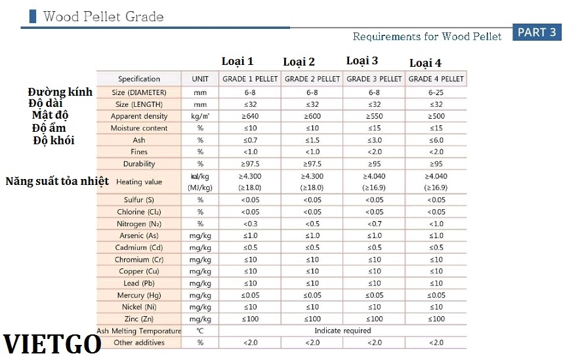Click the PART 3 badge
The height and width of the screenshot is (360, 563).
coord(536,32)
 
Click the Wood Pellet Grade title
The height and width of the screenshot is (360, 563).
coord(103,16)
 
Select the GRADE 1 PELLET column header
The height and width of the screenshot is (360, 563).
coord(250,79)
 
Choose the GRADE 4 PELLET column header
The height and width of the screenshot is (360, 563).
coord(436,79)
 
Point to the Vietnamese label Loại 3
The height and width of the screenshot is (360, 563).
coord(362,61)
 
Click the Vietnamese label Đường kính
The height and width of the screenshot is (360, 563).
coord(60,92)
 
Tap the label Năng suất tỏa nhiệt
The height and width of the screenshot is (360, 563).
coord(57,180)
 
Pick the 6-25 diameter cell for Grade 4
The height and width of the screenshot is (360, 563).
coord(436,92)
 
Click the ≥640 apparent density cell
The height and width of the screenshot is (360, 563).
coord(250,116)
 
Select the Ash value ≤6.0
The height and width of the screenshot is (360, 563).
coord(436,140)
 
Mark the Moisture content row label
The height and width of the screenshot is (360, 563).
coord(139,128)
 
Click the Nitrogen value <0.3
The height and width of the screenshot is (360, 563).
coord(250,224)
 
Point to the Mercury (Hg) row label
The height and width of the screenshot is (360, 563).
coord(139,295)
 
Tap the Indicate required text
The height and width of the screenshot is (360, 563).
coord(343,330)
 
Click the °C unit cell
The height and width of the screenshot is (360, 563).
coord(200,330)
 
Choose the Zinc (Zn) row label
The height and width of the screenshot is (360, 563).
coord(139,319)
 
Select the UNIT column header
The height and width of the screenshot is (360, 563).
coord(200,79)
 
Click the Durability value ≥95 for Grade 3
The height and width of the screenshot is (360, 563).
coord(374,163)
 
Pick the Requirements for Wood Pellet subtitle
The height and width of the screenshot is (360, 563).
coord(427,36)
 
